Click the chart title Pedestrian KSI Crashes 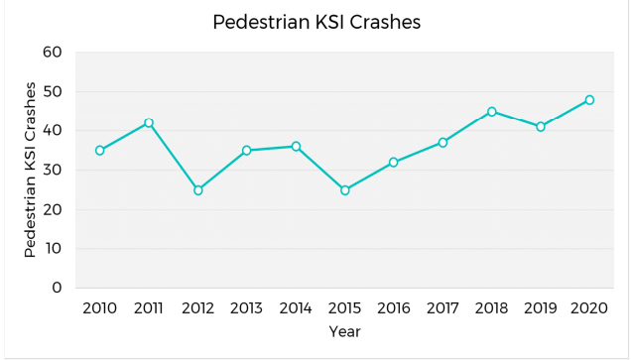click(316, 22)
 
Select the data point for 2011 click(149, 123)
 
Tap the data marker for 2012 click(197, 189)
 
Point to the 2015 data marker click(344, 189)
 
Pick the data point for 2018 click(491, 111)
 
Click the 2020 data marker click(589, 99)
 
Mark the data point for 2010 click(99, 151)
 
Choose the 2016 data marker click(394, 162)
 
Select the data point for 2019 click(541, 127)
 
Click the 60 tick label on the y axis click(53, 52)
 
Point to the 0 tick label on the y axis click(58, 289)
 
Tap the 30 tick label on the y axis click(53, 170)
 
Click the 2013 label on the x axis click(246, 307)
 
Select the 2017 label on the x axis click(442, 307)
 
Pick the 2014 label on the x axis click(296, 307)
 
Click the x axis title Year click(344, 331)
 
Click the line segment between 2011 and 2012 click(174, 157)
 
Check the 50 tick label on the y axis click(53, 91)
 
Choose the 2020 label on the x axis click(589, 307)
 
